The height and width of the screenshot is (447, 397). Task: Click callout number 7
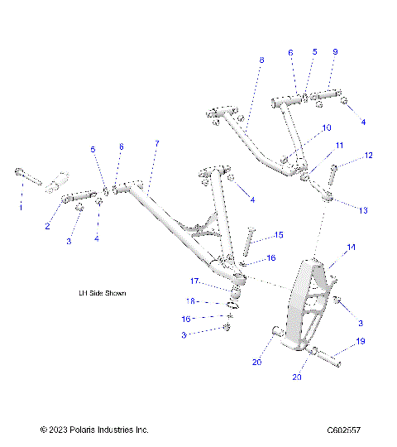click(x=155, y=144)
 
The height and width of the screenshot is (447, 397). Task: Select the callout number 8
click(x=261, y=60)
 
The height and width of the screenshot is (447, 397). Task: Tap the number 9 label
click(x=335, y=52)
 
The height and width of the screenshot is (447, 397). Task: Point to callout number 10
click(x=326, y=128)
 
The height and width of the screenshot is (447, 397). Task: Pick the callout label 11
click(x=339, y=145)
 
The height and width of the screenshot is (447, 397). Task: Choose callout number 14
click(x=351, y=247)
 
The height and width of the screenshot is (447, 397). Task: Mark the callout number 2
click(x=48, y=226)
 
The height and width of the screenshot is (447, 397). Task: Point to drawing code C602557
click(x=342, y=430)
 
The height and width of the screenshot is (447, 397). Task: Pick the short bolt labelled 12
click(x=333, y=175)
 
